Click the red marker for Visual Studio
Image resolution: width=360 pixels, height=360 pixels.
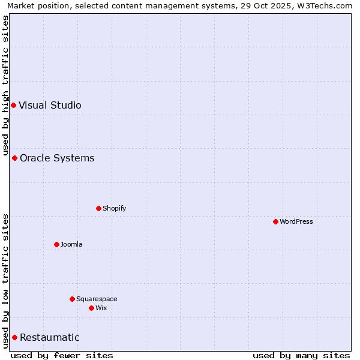click(13, 106)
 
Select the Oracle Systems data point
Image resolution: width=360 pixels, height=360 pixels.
click(14, 158)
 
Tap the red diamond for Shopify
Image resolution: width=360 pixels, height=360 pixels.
click(98, 209)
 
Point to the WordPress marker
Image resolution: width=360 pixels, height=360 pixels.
click(275, 222)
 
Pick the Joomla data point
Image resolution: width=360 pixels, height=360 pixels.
click(56, 245)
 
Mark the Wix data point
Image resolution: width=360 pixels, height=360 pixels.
click(91, 308)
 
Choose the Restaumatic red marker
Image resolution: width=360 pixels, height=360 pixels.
click(14, 338)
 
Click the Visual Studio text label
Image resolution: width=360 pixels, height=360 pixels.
click(50, 106)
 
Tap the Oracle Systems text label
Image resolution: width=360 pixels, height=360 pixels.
click(57, 158)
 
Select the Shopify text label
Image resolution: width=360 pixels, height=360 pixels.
click(114, 209)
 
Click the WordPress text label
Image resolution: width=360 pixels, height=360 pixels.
click(296, 222)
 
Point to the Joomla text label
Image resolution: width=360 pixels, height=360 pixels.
click(71, 245)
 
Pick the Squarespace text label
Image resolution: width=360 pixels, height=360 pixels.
click(97, 299)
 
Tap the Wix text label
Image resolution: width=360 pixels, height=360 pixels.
click(101, 308)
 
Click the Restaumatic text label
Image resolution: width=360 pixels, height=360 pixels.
click(49, 338)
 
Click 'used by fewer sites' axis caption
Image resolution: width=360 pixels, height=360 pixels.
click(62, 355)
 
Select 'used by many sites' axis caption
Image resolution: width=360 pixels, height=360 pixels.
click(301, 355)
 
